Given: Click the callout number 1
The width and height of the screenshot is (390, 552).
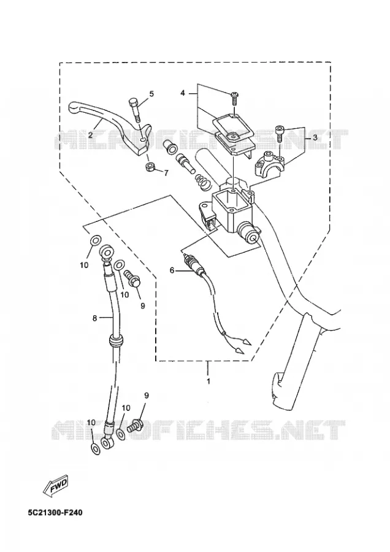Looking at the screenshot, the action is pyautogui.click(x=208, y=381).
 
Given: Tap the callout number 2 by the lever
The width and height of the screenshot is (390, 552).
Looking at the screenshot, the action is pyautogui.click(x=91, y=134).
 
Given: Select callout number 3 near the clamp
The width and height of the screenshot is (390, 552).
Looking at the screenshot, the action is pyautogui.click(x=315, y=137).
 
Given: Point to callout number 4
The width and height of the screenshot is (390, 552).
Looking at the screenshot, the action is pyautogui.click(x=182, y=93).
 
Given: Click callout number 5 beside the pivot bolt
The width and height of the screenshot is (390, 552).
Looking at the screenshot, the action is pyautogui.click(x=151, y=94).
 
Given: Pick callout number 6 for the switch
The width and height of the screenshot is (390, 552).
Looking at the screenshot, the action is pyautogui.click(x=172, y=270).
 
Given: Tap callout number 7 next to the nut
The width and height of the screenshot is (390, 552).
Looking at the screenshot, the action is pyautogui.click(x=166, y=172).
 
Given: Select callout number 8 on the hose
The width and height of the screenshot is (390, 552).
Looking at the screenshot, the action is pyautogui.click(x=94, y=318).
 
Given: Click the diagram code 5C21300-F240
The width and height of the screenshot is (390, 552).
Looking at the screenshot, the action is pyautogui.click(x=55, y=512).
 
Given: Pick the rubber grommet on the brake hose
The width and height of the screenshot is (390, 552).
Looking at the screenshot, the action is pyautogui.click(x=116, y=341).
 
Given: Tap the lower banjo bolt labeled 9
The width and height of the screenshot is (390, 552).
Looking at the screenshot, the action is pyautogui.click(x=135, y=425).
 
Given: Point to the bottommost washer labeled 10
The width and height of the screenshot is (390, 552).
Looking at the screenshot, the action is pyautogui.click(x=94, y=448).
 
